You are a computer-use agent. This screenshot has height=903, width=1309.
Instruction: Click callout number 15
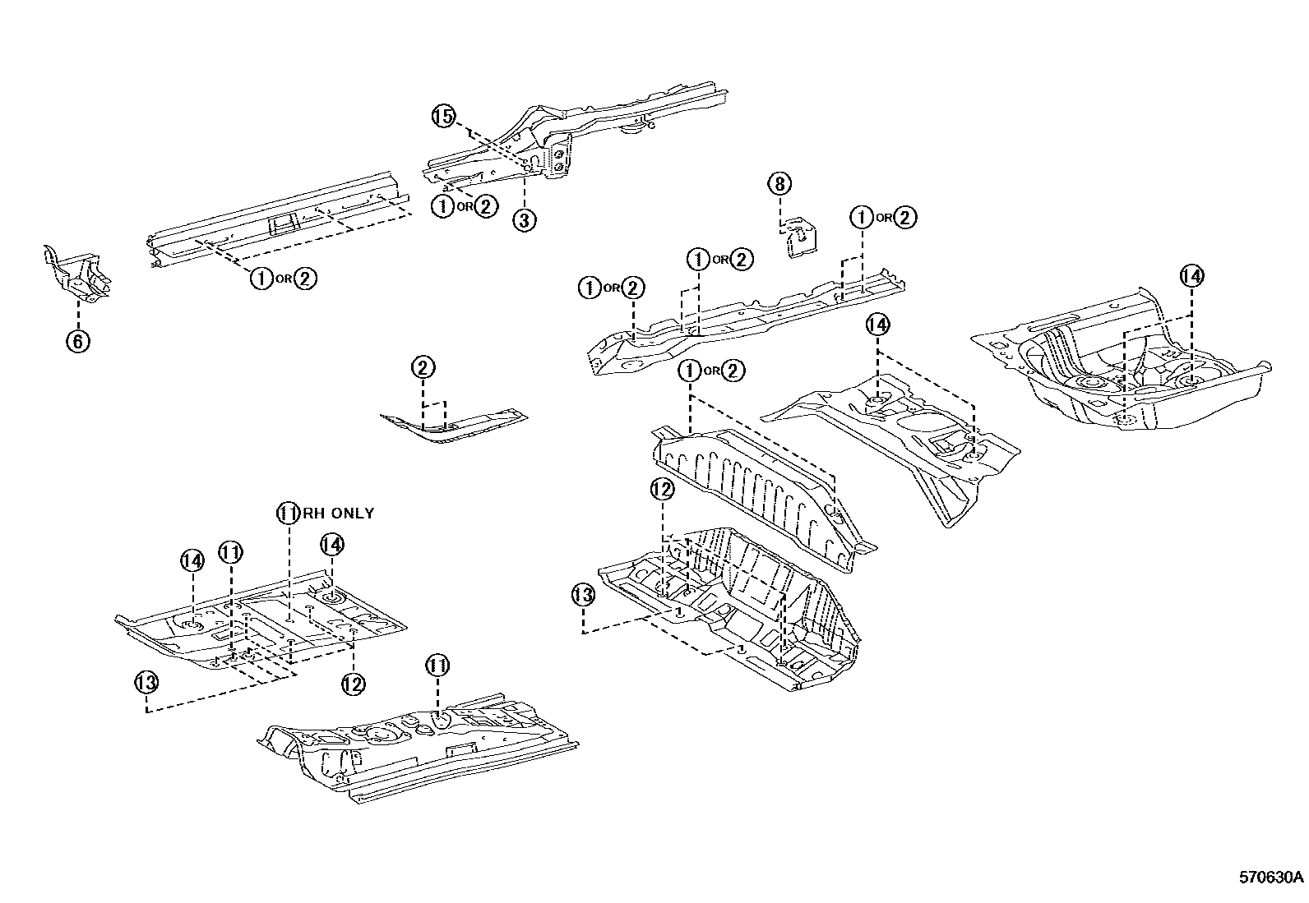pyautogui.click(x=443, y=117)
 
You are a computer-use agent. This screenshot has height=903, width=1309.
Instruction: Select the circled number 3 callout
pyautogui.click(x=525, y=219)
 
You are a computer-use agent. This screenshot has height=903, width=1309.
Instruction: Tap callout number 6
pyautogui.click(x=77, y=340)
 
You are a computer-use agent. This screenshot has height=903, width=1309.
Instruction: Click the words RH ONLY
pyautogui.click(x=335, y=514)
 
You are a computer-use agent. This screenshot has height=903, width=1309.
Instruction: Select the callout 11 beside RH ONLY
pyautogui.click(x=286, y=514)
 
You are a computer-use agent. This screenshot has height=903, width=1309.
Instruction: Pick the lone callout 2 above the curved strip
pyautogui.click(x=423, y=367)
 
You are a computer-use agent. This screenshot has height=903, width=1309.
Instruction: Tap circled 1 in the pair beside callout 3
pyautogui.click(x=443, y=206)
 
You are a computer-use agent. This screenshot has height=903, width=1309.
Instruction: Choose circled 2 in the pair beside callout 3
pyautogui.click(x=486, y=206)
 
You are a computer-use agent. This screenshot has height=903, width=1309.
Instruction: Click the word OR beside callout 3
pyautogui.click(x=465, y=207)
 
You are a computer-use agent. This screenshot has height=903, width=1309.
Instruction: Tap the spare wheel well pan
pyautogui.click(x=1126, y=370)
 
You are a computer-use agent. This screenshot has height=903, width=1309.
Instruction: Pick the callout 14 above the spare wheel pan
pyautogui.click(x=1191, y=276)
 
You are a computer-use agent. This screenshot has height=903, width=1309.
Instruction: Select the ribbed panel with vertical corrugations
pyautogui.click(x=756, y=485)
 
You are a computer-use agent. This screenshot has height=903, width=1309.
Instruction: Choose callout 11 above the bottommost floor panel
pyautogui.click(x=437, y=665)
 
